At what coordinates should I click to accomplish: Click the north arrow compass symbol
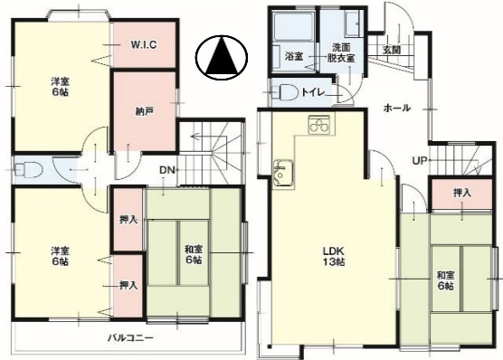coord(222,58)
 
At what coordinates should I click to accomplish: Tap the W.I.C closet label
coord(144,44)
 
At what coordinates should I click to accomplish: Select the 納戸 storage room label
coord(144,111)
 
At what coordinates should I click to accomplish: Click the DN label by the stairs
coord(167,170)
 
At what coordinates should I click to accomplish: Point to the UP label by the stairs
coord(421,160)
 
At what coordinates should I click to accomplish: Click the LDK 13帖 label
coord(334,256)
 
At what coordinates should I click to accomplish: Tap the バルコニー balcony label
coord(130,338)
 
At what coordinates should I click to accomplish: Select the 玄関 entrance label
coord(392,50)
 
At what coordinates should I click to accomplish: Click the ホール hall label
coord(397,109)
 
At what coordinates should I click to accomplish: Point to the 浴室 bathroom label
coord(294,57)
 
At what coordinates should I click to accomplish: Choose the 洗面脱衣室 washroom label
coord(341,53)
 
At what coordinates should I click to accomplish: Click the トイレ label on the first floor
coord(313,92)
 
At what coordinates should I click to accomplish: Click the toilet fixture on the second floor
coord(29,169)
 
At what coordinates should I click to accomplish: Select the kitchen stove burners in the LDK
coord(318,124)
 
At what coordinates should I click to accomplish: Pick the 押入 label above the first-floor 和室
coord(462,193)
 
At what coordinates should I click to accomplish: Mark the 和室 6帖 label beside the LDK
coord(446,280)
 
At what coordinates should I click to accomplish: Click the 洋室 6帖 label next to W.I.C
coord(60,87)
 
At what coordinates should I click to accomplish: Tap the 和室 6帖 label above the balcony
coord(194,254)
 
